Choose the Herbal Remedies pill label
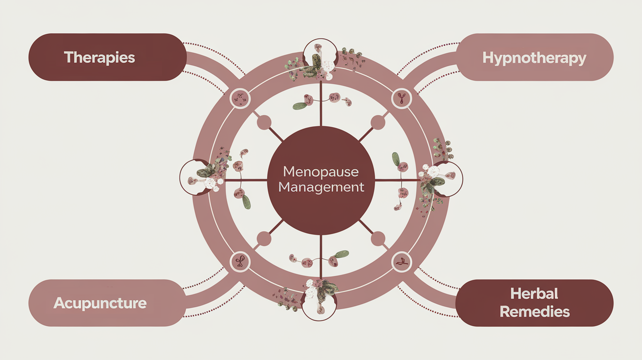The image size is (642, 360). pyautogui.click(x=534, y=303)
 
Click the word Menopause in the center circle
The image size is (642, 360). pyautogui.click(x=321, y=172)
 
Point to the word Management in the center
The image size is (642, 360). pyautogui.click(x=321, y=187)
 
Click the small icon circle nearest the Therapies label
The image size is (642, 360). pyautogui.click(x=240, y=98)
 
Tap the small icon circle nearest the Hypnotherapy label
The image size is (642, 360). pyautogui.click(x=402, y=98)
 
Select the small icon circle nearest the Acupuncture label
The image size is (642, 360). pyautogui.click(x=240, y=262)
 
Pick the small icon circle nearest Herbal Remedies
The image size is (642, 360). pyautogui.click(x=402, y=262)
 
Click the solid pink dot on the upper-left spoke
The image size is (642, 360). pyautogui.click(x=264, y=122)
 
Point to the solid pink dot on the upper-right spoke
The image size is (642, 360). pyautogui.click(x=378, y=122)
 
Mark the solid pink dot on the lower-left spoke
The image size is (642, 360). pyautogui.click(x=264, y=239)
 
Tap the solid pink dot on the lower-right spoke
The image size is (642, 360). pyautogui.click(x=378, y=239)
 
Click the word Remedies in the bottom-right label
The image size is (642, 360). pyautogui.click(x=534, y=312)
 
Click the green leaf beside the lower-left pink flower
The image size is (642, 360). pyautogui.click(x=247, y=202)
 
